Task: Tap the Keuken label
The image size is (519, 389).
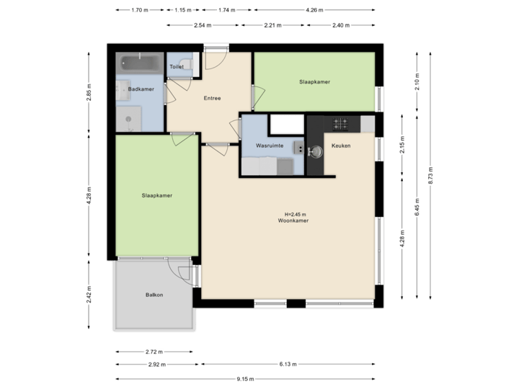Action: tap(340, 146)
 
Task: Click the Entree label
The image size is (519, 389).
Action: tap(212, 99)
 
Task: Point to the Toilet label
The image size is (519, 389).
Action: tap(177, 66)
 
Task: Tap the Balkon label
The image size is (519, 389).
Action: tap(154, 295)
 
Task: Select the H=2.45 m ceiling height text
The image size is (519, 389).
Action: tap(296, 214)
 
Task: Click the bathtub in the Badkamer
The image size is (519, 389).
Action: tap(141, 63)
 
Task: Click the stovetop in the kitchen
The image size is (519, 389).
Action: tap(342, 124)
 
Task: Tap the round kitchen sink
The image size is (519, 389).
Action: tap(314, 152)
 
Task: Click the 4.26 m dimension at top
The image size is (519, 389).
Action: tap(315, 10)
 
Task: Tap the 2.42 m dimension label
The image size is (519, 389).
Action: tap(89, 295)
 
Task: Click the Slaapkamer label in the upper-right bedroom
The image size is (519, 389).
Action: tap(314, 82)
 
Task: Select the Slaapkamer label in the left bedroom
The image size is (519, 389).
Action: tap(156, 194)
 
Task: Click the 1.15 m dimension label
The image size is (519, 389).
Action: tap(184, 10)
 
